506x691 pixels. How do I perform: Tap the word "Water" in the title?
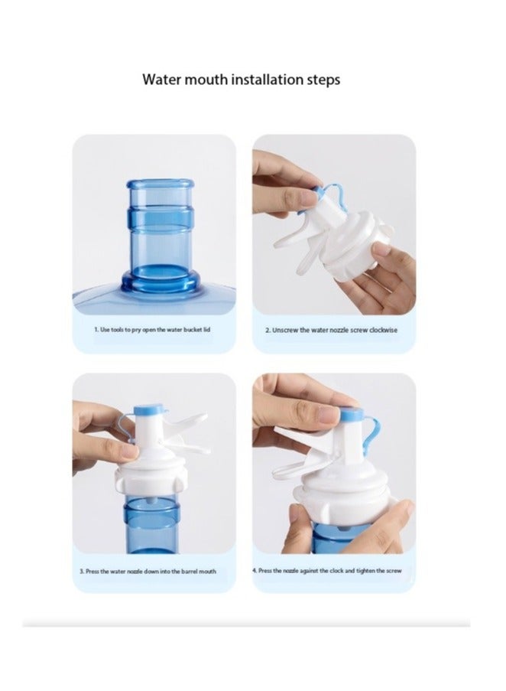click(162, 80)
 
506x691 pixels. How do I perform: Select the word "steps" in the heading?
click(322, 80)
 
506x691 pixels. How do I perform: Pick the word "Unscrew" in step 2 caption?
click(287, 330)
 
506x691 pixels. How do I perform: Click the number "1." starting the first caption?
click(96, 330)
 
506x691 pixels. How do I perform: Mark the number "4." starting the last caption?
click(255, 571)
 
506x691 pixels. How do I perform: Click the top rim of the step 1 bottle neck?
click(154, 184)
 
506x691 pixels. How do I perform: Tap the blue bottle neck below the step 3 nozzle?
click(153, 513)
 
